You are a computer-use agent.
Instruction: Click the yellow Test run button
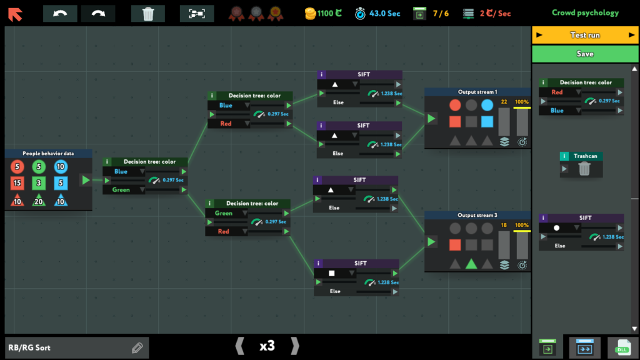[x=585, y=35]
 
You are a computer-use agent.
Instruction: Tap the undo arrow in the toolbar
[x=60, y=14]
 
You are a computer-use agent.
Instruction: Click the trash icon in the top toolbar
[x=147, y=14]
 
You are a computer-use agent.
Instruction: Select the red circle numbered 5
[x=17, y=166]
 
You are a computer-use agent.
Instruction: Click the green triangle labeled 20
[x=39, y=200]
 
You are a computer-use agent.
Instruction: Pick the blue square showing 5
[x=61, y=183]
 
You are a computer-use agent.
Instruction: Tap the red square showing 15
[x=17, y=183]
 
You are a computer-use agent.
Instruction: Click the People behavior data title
[x=48, y=154]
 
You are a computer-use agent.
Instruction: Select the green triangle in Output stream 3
[x=471, y=264]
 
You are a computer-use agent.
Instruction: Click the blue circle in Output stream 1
[x=487, y=105]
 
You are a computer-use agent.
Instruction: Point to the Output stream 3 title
[x=477, y=215]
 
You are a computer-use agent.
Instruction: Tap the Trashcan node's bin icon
[x=584, y=168]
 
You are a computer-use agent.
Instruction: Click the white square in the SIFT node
[x=331, y=273]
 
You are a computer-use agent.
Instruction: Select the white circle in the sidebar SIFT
[x=556, y=227]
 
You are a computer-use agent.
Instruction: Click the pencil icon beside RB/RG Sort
[x=137, y=347]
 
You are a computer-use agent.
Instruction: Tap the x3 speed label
[x=267, y=346]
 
